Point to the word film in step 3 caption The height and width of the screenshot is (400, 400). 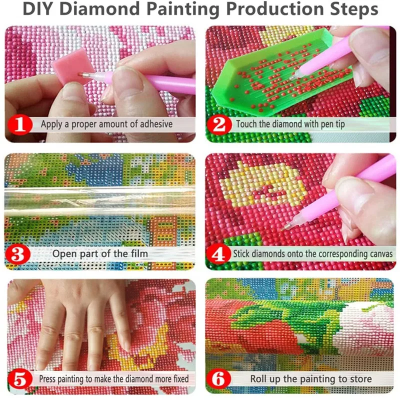tap(137, 253)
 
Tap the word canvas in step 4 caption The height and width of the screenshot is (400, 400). tap(378, 253)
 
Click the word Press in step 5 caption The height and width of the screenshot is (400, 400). tap(48, 379)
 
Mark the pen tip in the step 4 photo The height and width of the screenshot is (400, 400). tap(286, 226)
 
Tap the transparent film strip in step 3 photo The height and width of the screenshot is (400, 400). tap(100, 200)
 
